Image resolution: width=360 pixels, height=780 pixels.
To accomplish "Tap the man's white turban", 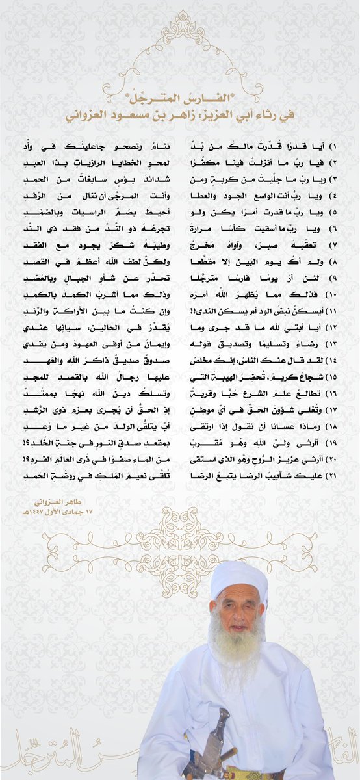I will coord(239,578).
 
